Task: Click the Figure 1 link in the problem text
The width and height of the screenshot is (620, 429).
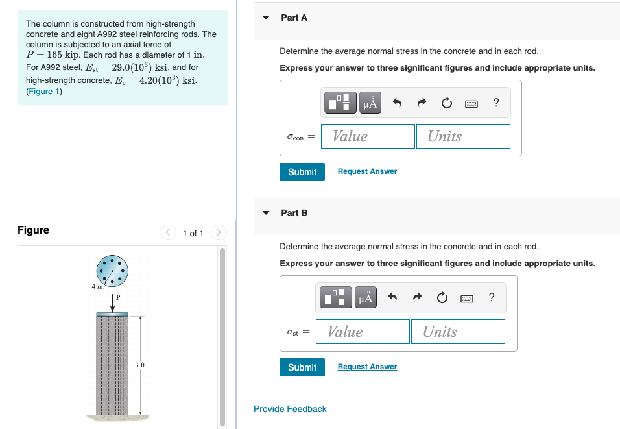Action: (43, 92)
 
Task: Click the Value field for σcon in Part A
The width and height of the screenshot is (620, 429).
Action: (368, 136)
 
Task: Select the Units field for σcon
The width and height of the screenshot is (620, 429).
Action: (462, 136)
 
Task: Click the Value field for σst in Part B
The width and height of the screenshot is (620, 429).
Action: (363, 332)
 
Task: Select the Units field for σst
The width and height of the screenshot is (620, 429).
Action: (457, 332)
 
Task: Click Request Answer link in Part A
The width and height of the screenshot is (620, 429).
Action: (367, 171)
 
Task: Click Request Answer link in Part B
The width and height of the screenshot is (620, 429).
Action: (367, 367)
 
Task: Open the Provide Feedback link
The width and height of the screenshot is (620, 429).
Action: (290, 409)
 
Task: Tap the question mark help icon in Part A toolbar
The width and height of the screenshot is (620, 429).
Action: (496, 103)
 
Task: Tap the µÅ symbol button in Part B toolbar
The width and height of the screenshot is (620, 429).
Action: (366, 298)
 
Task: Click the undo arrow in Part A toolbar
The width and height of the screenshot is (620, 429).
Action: (398, 103)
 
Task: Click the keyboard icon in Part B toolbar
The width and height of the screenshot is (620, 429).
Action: (466, 298)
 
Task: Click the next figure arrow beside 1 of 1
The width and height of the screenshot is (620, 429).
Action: (219, 232)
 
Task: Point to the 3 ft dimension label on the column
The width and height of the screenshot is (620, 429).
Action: (139, 365)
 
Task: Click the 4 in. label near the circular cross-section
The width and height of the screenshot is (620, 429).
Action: (97, 286)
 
